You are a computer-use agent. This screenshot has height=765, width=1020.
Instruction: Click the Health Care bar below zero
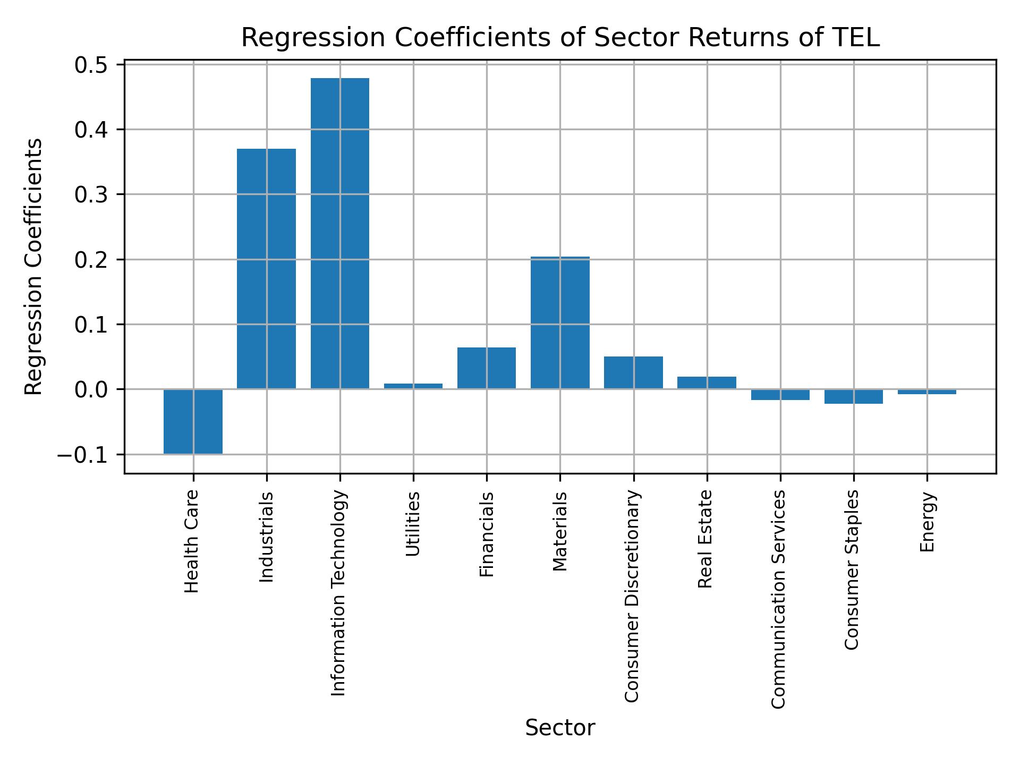click(193, 421)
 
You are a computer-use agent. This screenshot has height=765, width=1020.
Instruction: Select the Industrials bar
click(266, 269)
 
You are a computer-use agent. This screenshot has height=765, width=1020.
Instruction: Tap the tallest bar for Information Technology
click(340, 234)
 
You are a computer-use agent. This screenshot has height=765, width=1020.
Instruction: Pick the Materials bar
click(560, 323)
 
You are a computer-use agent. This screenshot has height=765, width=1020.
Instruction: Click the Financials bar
click(487, 368)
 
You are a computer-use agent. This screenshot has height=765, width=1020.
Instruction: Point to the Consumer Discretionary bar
click(633, 372)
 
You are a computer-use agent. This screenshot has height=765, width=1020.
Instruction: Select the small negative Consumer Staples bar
click(854, 396)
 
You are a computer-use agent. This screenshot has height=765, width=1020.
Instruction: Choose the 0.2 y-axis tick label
click(91, 260)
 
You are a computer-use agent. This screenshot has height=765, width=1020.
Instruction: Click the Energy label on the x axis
click(927, 522)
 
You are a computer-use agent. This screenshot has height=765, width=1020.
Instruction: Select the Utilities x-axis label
click(413, 524)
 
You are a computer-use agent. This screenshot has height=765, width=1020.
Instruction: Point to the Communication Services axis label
click(778, 599)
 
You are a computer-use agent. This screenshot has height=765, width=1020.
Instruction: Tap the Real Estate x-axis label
click(705, 539)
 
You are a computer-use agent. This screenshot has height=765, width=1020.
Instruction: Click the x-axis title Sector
click(560, 728)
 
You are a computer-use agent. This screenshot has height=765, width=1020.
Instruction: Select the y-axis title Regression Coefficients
click(33, 267)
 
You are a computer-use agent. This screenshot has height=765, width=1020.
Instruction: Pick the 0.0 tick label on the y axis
click(91, 390)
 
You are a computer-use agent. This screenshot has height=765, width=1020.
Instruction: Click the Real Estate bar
click(707, 383)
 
